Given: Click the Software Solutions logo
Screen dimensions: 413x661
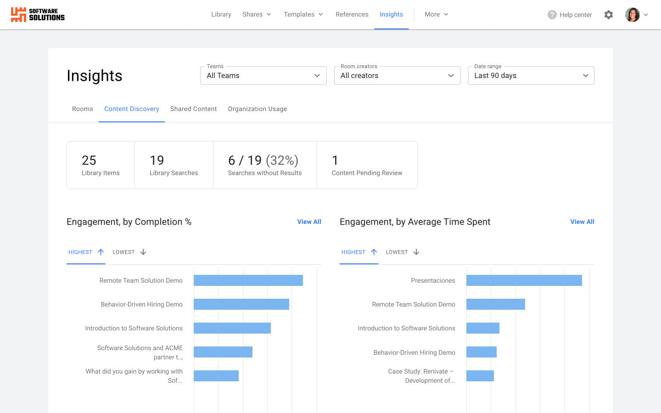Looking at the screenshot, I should pyautogui.click(x=38, y=15).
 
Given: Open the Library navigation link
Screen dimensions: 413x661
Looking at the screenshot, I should pyautogui.click(x=221, y=15).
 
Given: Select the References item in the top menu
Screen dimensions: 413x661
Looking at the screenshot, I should pyautogui.click(x=352, y=15).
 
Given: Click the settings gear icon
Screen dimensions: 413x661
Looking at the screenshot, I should pyautogui.click(x=609, y=15).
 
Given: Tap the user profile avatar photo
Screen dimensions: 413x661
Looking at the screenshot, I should pyautogui.click(x=632, y=15).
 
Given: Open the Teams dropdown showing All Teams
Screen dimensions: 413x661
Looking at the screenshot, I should pyautogui.click(x=263, y=76).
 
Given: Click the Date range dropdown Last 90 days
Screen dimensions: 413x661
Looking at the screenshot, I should pyautogui.click(x=531, y=76).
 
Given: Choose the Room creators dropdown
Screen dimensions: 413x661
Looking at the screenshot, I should pyautogui.click(x=397, y=76).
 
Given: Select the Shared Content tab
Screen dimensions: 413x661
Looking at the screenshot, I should pyautogui.click(x=193, y=109).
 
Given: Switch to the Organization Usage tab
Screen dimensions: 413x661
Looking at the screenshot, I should pyautogui.click(x=257, y=109).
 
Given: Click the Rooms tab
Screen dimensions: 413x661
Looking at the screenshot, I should pyautogui.click(x=83, y=109).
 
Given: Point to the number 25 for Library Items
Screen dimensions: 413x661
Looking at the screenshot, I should pyautogui.click(x=89, y=160).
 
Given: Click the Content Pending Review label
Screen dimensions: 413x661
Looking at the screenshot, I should pyautogui.click(x=367, y=173).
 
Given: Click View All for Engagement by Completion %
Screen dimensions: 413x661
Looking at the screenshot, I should pyautogui.click(x=309, y=222).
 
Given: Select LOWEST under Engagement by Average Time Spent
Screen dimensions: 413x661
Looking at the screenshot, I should pyautogui.click(x=402, y=252).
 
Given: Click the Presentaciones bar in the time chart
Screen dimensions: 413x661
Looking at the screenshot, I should pyautogui.click(x=524, y=280).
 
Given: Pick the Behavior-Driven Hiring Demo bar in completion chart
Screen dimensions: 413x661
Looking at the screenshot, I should pyautogui.click(x=241, y=304).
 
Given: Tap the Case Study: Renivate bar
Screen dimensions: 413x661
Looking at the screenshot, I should pyautogui.click(x=480, y=376).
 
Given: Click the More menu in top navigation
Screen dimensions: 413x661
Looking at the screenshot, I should pyautogui.click(x=436, y=15).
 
